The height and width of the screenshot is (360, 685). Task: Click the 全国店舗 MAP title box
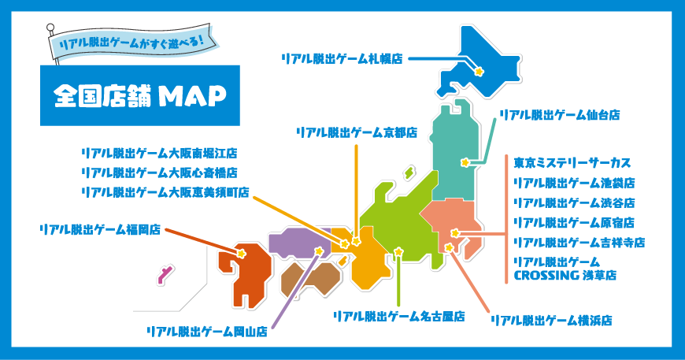(140, 95)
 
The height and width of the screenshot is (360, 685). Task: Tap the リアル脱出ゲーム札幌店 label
(342, 59)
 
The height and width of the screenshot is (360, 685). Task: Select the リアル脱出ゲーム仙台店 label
(560, 115)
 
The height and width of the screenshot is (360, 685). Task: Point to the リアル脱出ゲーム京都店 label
(357, 133)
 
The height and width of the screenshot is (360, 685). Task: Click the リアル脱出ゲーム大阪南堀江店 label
(160, 154)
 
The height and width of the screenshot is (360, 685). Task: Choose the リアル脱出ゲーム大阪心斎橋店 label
(160, 173)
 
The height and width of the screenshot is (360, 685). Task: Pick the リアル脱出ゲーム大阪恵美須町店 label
(165, 192)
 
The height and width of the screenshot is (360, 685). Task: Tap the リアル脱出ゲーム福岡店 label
(100, 230)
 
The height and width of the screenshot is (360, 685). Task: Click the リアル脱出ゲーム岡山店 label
(207, 332)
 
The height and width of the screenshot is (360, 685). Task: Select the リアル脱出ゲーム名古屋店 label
(399, 317)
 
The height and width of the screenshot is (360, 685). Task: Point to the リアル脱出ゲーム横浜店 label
(551, 321)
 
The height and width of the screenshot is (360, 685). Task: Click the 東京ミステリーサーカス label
(572, 163)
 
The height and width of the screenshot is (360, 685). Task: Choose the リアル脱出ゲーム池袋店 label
(575, 183)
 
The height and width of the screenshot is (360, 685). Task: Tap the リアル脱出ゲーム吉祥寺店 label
(579, 243)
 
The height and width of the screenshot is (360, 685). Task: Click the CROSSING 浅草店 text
(565, 276)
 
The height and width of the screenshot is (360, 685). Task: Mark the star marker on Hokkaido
(479, 71)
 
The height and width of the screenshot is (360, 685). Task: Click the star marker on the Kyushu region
(241, 254)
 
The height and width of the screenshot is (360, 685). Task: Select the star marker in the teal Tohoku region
(465, 162)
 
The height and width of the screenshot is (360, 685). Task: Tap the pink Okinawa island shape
(165, 275)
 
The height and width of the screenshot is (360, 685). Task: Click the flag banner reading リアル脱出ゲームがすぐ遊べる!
(133, 42)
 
